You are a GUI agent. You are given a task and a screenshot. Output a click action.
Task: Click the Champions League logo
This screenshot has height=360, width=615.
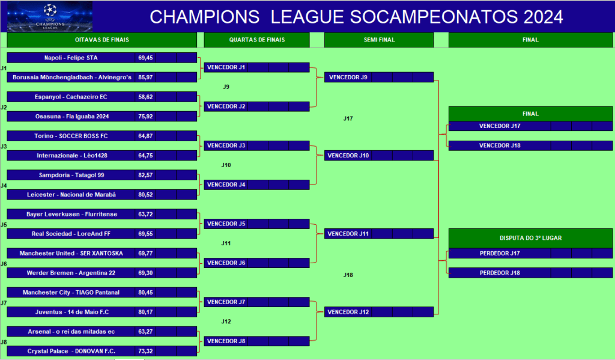pos(50,16)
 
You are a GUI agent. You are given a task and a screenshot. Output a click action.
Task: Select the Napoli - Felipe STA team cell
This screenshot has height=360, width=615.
pos(71,58)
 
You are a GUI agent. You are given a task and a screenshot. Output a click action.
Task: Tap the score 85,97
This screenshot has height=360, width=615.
pos(145,78)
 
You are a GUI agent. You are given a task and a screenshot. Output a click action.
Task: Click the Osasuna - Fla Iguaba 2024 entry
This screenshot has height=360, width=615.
pos(71,116)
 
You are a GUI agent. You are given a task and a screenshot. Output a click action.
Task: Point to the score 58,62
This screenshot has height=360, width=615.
pos(145,97)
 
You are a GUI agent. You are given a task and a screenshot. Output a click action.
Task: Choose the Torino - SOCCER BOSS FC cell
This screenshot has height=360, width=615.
pos(71,136)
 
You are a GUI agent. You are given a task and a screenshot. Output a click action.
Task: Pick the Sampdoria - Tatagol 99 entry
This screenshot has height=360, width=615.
pos(71,175)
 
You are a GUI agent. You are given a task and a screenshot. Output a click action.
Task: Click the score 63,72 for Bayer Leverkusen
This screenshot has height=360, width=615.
pos(145,214)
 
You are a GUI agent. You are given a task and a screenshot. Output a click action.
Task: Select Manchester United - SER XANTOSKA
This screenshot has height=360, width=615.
pos(71,253)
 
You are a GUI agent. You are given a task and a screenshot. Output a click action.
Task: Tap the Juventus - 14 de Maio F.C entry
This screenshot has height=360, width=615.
pos(71,312)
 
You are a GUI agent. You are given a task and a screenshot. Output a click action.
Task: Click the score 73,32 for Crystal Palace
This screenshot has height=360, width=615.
pos(145,351)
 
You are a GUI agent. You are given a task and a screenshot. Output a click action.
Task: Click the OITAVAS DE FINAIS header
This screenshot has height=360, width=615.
pos(102,40)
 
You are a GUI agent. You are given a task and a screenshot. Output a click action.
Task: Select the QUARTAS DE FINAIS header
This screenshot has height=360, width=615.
pos(257,40)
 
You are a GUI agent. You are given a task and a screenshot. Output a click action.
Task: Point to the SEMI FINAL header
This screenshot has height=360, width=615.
pos(379,40)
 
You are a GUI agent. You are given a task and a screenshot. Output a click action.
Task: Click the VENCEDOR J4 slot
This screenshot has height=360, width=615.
pos(226,185)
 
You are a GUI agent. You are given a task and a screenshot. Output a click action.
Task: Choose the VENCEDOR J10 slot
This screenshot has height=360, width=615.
pos(348,156)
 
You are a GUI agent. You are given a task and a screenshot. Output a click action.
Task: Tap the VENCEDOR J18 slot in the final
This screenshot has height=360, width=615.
pos(500,145)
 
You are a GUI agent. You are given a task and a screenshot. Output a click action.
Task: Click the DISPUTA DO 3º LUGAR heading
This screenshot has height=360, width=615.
pos(530,238)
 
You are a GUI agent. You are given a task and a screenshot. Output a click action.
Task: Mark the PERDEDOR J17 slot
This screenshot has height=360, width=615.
pos(500,253)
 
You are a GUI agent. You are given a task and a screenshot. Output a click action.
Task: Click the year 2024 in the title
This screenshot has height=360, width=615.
pos(543,17)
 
